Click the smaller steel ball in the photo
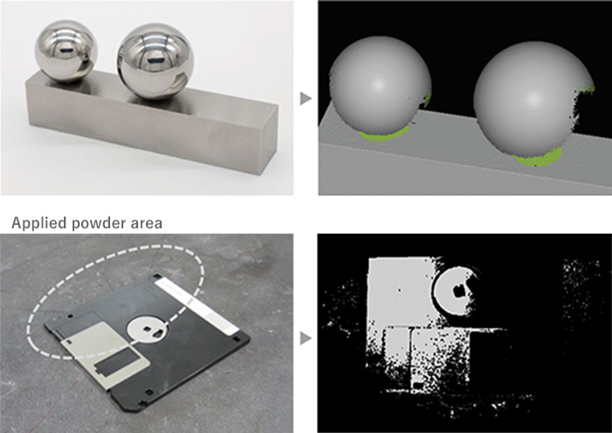click(x=66, y=51)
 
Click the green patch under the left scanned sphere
click(x=384, y=135)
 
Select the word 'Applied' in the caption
click(x=39, y=223)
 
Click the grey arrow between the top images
click(x=306, y=98)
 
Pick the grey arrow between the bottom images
click(x=306, y=338)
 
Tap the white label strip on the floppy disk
click(x=197, y=305)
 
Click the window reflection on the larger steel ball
click(x=157, y=61)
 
